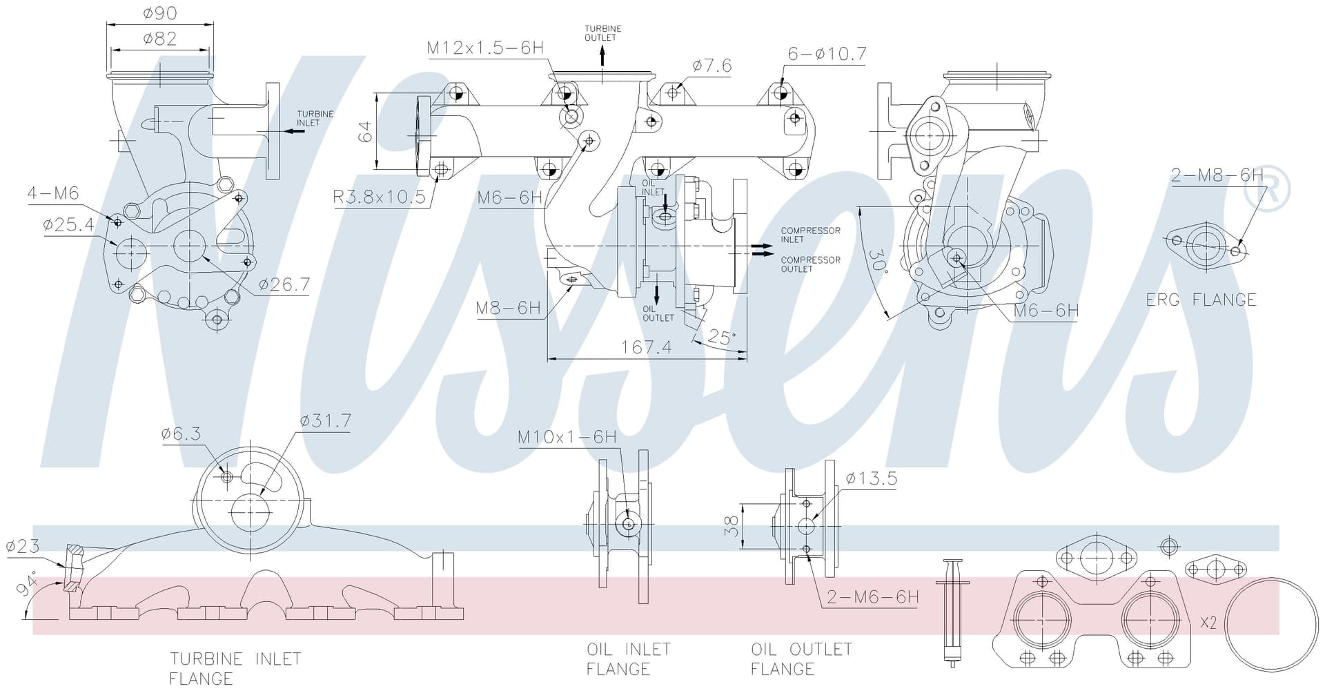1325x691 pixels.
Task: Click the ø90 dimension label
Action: pos(159,12)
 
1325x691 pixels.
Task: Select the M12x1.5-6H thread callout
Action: pos(485,48)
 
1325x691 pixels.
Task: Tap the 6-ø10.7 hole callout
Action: pos(827,54)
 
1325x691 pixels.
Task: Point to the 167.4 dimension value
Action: pos(646,347)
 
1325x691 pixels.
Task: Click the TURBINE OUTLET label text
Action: pos(602,33)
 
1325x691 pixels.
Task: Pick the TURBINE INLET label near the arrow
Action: pos(315,118)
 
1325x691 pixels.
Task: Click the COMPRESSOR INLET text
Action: pos(810,235)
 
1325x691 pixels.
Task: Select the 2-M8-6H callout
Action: pos(1217,175)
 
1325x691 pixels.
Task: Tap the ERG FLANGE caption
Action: pos(1201,300)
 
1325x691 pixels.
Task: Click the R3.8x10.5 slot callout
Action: pos(379,197)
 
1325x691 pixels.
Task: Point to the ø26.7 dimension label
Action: pos(284,284)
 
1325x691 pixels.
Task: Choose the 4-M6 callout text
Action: pos(53,193)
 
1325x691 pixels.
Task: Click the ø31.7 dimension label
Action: pos(326,421)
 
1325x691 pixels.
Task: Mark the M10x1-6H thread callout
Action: pos(567,437)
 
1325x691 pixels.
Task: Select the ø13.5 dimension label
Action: pos(871,478)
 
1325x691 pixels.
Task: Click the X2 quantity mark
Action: pos(1208,623)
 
